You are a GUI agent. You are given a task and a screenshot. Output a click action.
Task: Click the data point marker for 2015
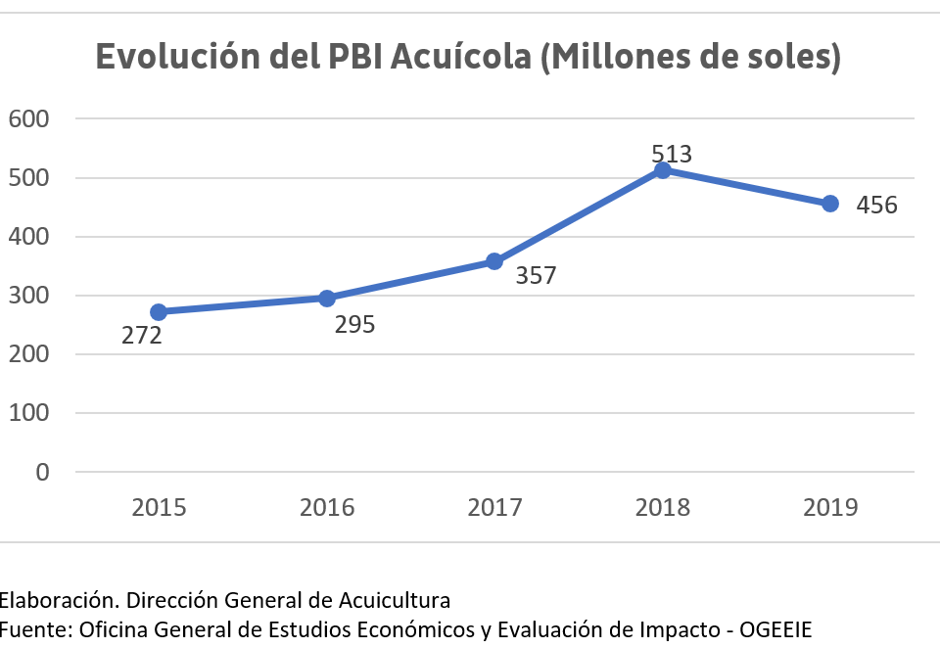point(159,311)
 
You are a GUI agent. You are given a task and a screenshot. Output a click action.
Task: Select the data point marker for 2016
point(327,298)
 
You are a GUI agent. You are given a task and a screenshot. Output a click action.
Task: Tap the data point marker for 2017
point(494,261)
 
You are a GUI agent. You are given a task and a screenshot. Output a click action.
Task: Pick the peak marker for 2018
point(662,170)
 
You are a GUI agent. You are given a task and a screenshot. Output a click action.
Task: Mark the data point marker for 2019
point(830,204)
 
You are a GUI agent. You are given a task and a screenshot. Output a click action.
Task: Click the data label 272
point(142,337)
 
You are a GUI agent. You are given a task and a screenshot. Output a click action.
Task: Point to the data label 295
point(354,325)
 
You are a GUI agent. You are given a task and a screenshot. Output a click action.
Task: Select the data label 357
point(536,276)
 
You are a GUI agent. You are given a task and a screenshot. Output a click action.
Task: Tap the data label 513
point(672,154)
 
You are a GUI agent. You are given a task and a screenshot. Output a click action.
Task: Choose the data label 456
point(876,206)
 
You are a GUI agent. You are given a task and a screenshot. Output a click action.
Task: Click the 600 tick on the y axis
point(27,118)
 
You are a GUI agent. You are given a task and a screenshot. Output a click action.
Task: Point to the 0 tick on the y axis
point(41,472)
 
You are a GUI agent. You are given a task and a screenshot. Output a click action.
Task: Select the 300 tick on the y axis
point(27,296)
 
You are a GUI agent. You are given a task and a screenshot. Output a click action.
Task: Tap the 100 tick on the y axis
point(27,413)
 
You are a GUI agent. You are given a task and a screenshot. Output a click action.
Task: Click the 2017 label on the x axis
point(494,507)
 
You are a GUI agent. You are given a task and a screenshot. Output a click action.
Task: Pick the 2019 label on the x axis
point(830,507)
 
